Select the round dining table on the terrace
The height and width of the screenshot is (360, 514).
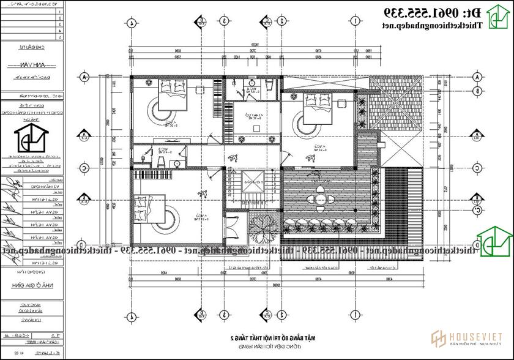[x=321, y=199]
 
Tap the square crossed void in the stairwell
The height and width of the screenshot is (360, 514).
[x=251, y=181]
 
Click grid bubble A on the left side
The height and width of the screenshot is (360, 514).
[x=85, y=78]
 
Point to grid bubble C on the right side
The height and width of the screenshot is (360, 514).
[x=478, y=168]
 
